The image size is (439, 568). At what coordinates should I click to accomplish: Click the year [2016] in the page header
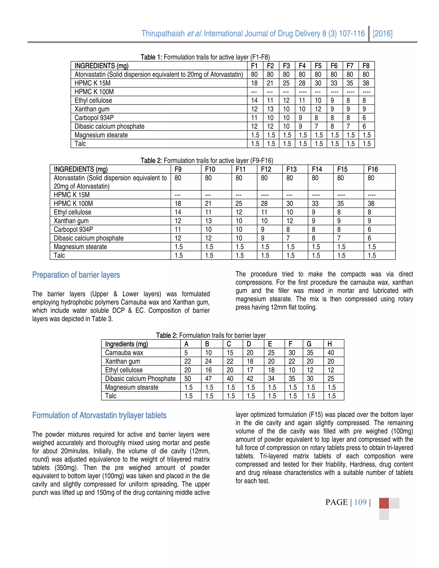[383, 34]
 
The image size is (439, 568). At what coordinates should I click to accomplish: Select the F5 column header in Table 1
[318, 66]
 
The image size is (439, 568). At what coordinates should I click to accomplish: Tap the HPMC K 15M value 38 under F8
[366, 83]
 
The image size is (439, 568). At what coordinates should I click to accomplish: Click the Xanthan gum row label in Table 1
[92, 109]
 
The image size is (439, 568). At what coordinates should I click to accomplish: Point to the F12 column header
[266, 170]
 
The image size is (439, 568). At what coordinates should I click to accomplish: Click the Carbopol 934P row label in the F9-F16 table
[73, 230]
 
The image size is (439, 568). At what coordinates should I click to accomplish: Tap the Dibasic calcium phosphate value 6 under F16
[369, 238]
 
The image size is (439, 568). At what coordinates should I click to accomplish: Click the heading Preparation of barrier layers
[76, 275]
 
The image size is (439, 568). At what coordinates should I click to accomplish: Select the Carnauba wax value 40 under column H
[331, 353]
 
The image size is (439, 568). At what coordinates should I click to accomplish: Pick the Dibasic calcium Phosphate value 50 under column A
[188, 379]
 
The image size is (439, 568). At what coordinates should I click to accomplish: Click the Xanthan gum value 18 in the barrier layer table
[250, 362]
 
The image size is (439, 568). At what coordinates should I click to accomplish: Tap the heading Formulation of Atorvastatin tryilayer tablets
[99, 415]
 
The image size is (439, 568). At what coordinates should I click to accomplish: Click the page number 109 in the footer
[360, 502]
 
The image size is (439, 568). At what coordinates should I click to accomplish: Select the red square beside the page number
[384, 503]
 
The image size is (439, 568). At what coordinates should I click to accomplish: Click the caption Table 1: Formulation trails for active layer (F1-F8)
[205, 57]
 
